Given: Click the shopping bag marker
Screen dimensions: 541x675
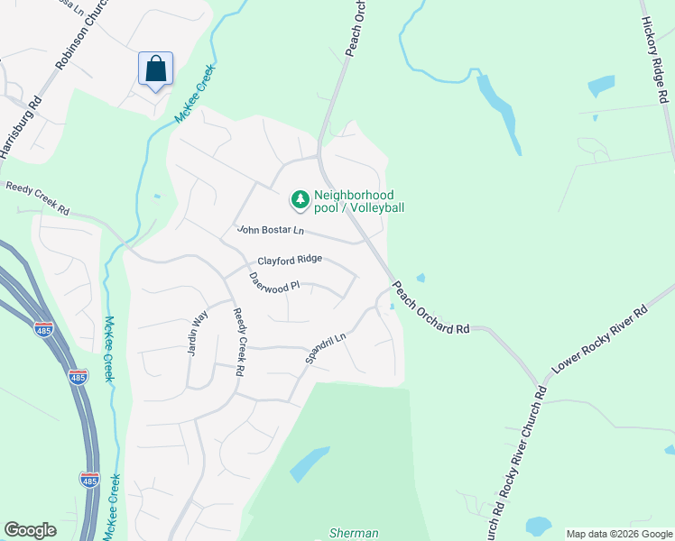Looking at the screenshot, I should pyautogui.click(x=155, y=69).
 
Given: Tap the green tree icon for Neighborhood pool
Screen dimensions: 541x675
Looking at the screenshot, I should pyautogui.click(x=298, y=197).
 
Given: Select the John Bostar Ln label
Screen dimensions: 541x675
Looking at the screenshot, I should pyautogui.click(x=271, y=231).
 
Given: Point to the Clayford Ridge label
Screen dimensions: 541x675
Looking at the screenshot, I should pyautogui.click(x=290, y=261).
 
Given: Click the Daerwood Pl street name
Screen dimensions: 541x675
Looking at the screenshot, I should pyautogui.click(x=273, y=282).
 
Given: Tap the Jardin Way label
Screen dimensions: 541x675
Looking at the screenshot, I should pyautogui.click(x=198, y=333).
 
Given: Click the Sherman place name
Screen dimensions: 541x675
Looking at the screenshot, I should pyautogui.click(x=354, y=533).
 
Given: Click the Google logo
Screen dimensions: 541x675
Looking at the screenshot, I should pyautogui.click(x=30, y=530).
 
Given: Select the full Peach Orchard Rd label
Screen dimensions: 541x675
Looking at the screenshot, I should pyautogui.click(x=431, y=307).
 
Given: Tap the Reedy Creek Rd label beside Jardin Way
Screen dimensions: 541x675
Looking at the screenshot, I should pyautogui.click(x=240, y=342).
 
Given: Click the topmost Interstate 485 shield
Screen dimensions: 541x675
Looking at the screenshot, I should pyautogui.click(x=43, y=329).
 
